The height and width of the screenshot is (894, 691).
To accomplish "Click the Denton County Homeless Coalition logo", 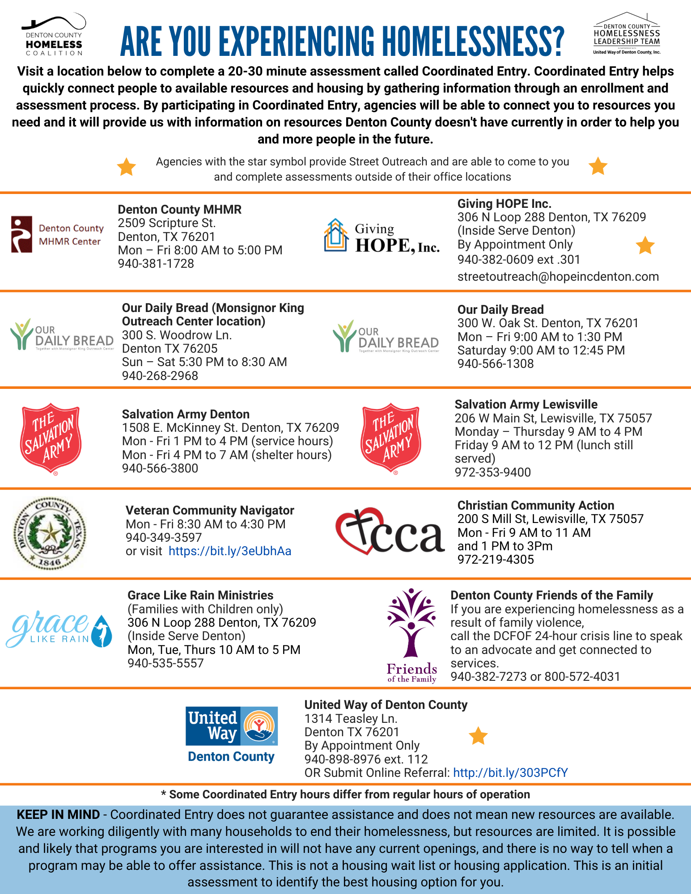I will point(54,35).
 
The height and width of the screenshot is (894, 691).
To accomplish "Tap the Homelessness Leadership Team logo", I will point(627,34).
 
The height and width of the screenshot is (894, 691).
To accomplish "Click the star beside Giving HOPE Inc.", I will point(645,245).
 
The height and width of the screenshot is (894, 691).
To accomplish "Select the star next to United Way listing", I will point(478,736).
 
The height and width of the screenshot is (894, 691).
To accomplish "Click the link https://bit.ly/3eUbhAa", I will point(230,551).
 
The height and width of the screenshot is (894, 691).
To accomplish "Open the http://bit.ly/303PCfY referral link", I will point(510,773).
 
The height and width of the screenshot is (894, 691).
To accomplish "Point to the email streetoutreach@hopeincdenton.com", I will point(558,277).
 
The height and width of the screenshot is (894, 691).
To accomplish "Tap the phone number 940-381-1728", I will point(156,264).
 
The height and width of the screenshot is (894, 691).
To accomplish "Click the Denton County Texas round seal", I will point(50,533).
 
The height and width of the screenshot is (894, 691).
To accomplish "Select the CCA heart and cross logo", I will point(390,532).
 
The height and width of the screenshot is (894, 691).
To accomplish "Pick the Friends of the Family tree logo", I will point(411,635).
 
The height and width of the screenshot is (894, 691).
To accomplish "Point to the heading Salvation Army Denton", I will point(186,414).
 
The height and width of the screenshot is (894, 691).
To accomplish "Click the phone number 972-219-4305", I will point(496,560).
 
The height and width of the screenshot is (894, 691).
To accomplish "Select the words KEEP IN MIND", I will point(58,815).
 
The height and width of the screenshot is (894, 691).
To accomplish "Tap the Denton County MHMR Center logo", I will point(57,235).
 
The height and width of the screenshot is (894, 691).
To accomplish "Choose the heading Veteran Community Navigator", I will point(210,510).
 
